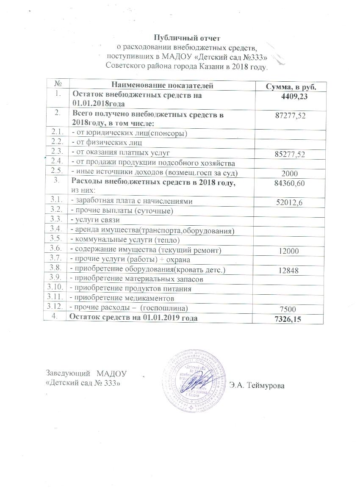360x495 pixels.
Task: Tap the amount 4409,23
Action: (294, 98)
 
